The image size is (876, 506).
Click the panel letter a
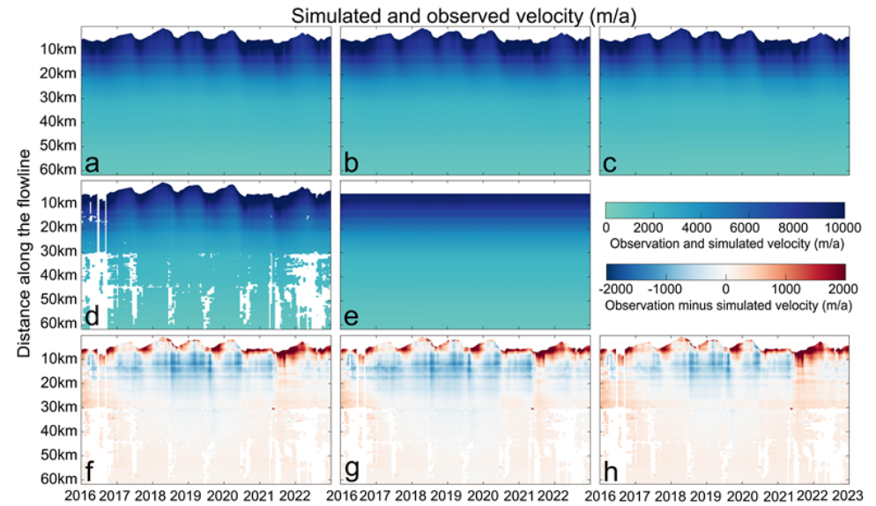[92, 162]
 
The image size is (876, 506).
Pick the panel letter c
[611, 162]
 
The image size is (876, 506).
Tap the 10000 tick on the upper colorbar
[827, 227]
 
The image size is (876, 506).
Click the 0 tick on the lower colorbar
[725, 287]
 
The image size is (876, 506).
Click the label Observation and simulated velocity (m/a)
[725, 242]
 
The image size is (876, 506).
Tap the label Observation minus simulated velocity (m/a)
[725, 303]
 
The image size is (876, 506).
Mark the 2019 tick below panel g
[446, 495]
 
